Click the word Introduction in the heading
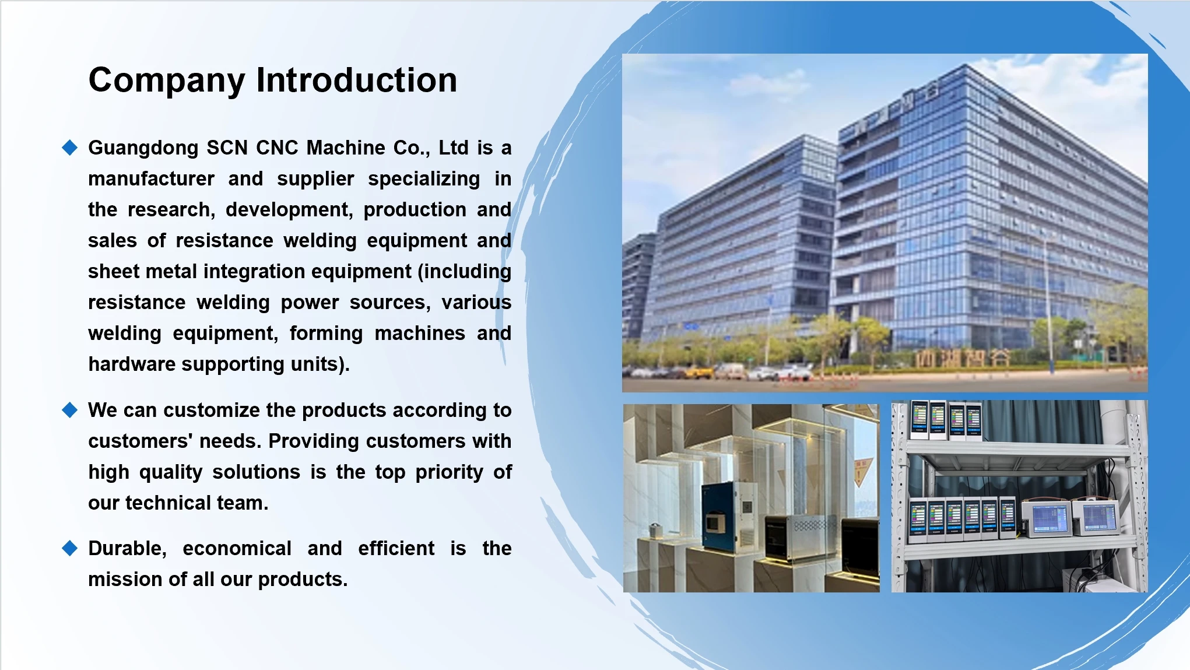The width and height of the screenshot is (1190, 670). (x=357, y=80)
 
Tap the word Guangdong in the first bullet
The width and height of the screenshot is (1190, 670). (x=143, y=149)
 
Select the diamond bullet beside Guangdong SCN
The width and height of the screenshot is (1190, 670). (x=70, y=148)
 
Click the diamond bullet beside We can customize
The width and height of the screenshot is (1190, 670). (x=70, y=410)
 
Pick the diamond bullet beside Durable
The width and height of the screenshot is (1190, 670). (x=70, y=548)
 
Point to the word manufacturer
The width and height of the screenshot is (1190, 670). (x=152, y=178)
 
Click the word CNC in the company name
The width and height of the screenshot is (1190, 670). (x=278, y=148)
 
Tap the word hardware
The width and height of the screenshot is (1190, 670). (x=132, y=364)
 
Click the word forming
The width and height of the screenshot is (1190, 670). (x=327, y=334)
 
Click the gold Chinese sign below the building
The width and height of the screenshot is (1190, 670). (x=962, y=357)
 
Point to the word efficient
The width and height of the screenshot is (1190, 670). (x=396, y=549)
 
